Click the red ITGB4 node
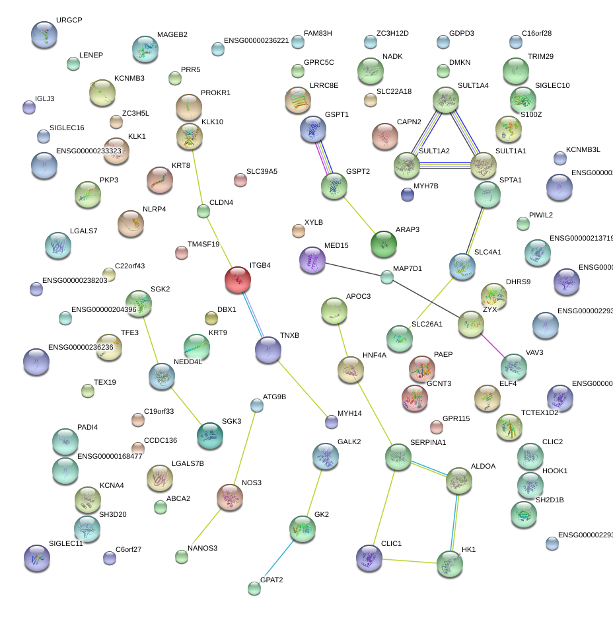pyautogui.click(x=237, y=280)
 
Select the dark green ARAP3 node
pyautogui.click(x=384, y=244)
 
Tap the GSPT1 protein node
pyautogui.click(x=312, y=130)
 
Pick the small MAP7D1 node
pyautogui.click(x=387, y=278)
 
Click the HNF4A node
pyautogui.click(x=350, y=370)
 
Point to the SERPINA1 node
pyautogui.click(x=398, y=457)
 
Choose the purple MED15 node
pyautogui.click(x=312, y=260)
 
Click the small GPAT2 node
pyautogui.click(x=254, y=588)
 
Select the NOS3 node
pyautogui.click(x=230, y=497)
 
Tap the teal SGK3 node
pyautogui.click(x=209, y=435)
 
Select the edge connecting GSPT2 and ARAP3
pyautogui.click(x=359, y=216)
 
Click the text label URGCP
pyautogui.click(x=69, y=20)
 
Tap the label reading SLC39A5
pyautogui.click(x=262, y=172)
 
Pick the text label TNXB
pyautogui.click(x=289, y=336)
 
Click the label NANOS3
pyautogui.click(x=202, y=548)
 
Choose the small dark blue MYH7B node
pyautogui.click(x=408, y=194)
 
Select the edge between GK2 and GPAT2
pyautogui.click(x=279, y=558)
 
